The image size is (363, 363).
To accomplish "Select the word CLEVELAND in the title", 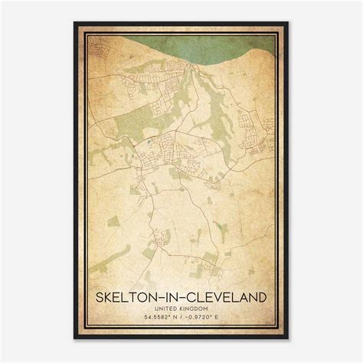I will (227, 296).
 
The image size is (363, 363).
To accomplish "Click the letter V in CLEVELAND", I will (221, 296).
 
